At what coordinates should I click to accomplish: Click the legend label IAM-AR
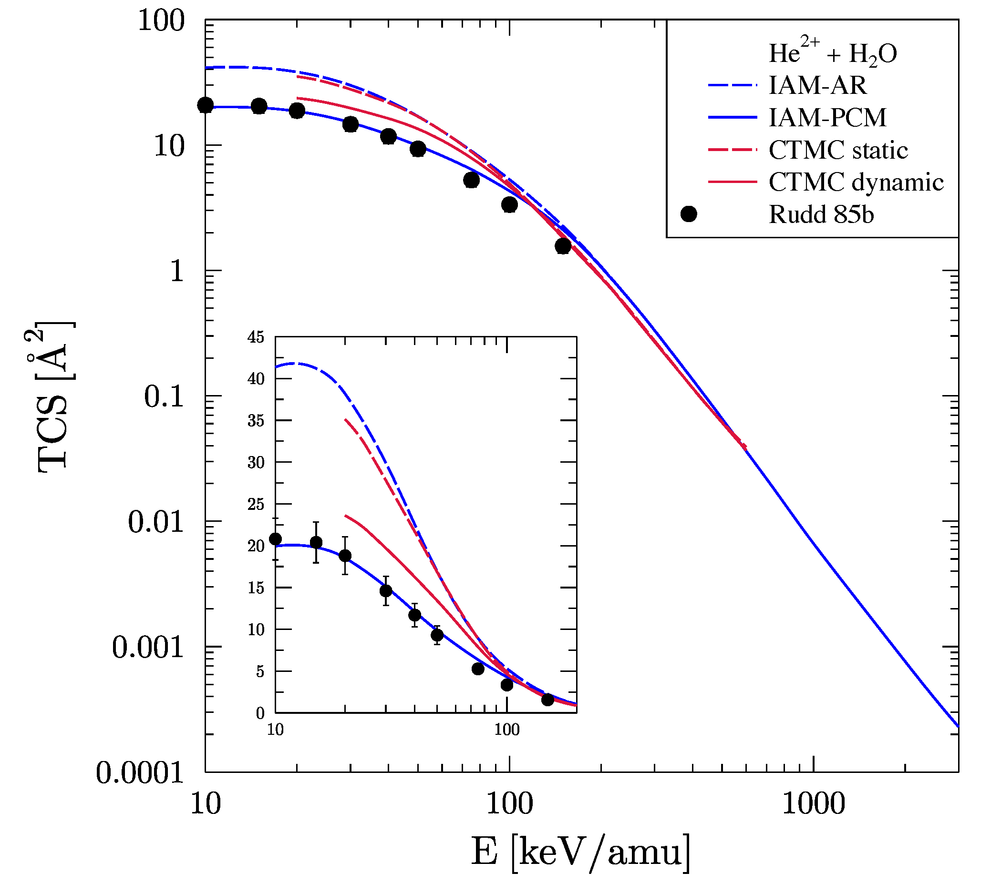coord(817,86)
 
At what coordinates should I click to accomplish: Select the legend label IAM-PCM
coord(827,118)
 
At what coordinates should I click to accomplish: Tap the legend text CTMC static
coord(838,150)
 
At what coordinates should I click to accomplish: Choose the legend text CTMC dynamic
coord(856,183)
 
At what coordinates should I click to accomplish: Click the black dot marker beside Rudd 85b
coord(689,214)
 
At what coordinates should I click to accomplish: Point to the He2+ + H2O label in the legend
coord(832,53)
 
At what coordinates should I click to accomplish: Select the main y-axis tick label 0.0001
coord(140,773)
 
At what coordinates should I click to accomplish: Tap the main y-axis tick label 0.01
coord(156,522)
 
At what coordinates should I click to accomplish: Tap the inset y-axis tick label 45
coord(256,337)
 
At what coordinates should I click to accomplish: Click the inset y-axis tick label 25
coord(256,505)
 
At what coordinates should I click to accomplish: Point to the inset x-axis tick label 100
coord(506,730)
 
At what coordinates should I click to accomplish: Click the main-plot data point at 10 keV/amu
coord(206,105)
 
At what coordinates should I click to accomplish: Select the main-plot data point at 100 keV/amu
coord(509,205)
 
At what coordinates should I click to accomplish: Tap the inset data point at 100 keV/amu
coord(506,685)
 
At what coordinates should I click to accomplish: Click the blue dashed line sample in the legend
coord(732,86)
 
